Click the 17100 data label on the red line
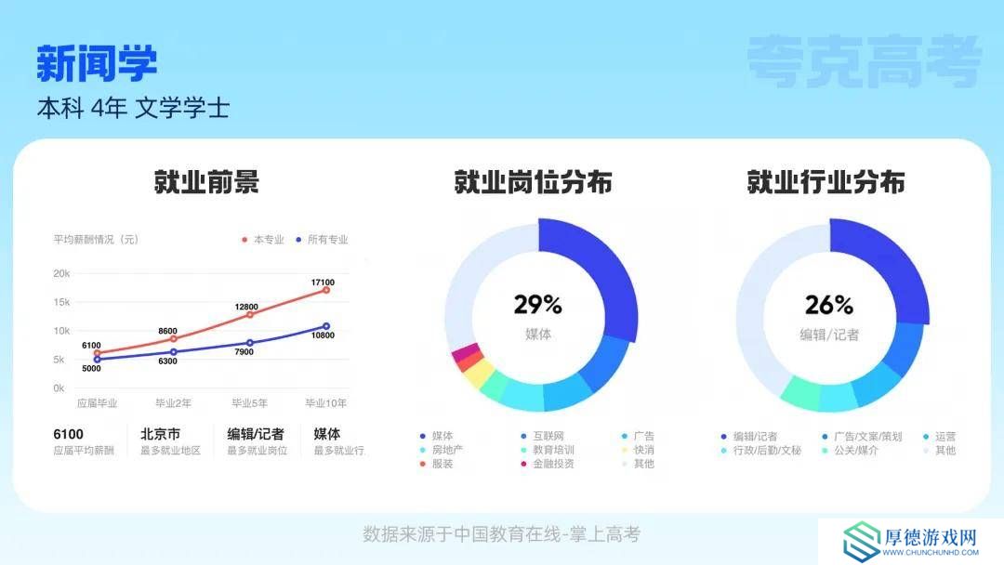[323, 282]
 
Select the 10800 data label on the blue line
[323, 335]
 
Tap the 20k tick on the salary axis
[61, 273]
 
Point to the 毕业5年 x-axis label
[250, 403]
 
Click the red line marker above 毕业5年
[250, 315]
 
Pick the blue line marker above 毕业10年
[326, 326]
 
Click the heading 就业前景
[206, 182]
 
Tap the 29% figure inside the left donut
[538, 305]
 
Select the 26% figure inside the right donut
[829, 305]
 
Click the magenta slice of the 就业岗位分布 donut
[466, 352]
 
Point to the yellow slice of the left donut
[479, 374]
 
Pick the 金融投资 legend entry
[548, 464]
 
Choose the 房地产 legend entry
[442, 450]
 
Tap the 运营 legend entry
[939, 437]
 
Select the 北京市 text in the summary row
[160, 434]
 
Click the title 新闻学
[97, 63]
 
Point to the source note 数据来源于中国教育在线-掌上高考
[501, 534]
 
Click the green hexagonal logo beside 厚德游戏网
[861, 541]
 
